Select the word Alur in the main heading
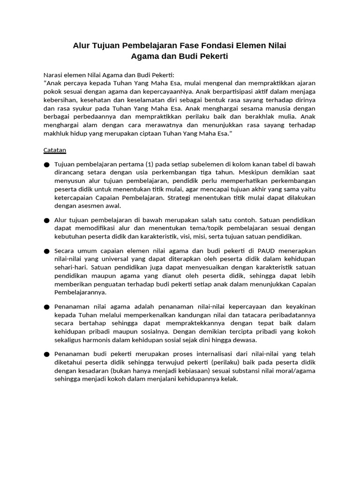(x=82, y=45)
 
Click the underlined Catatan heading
(x=54, y=150)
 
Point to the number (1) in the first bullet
(x=149, y=164)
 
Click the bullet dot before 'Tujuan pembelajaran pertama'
(x=46, y=165)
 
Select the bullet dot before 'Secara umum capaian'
(x=46, y=252)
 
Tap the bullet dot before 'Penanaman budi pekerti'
(x=46, y=354)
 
